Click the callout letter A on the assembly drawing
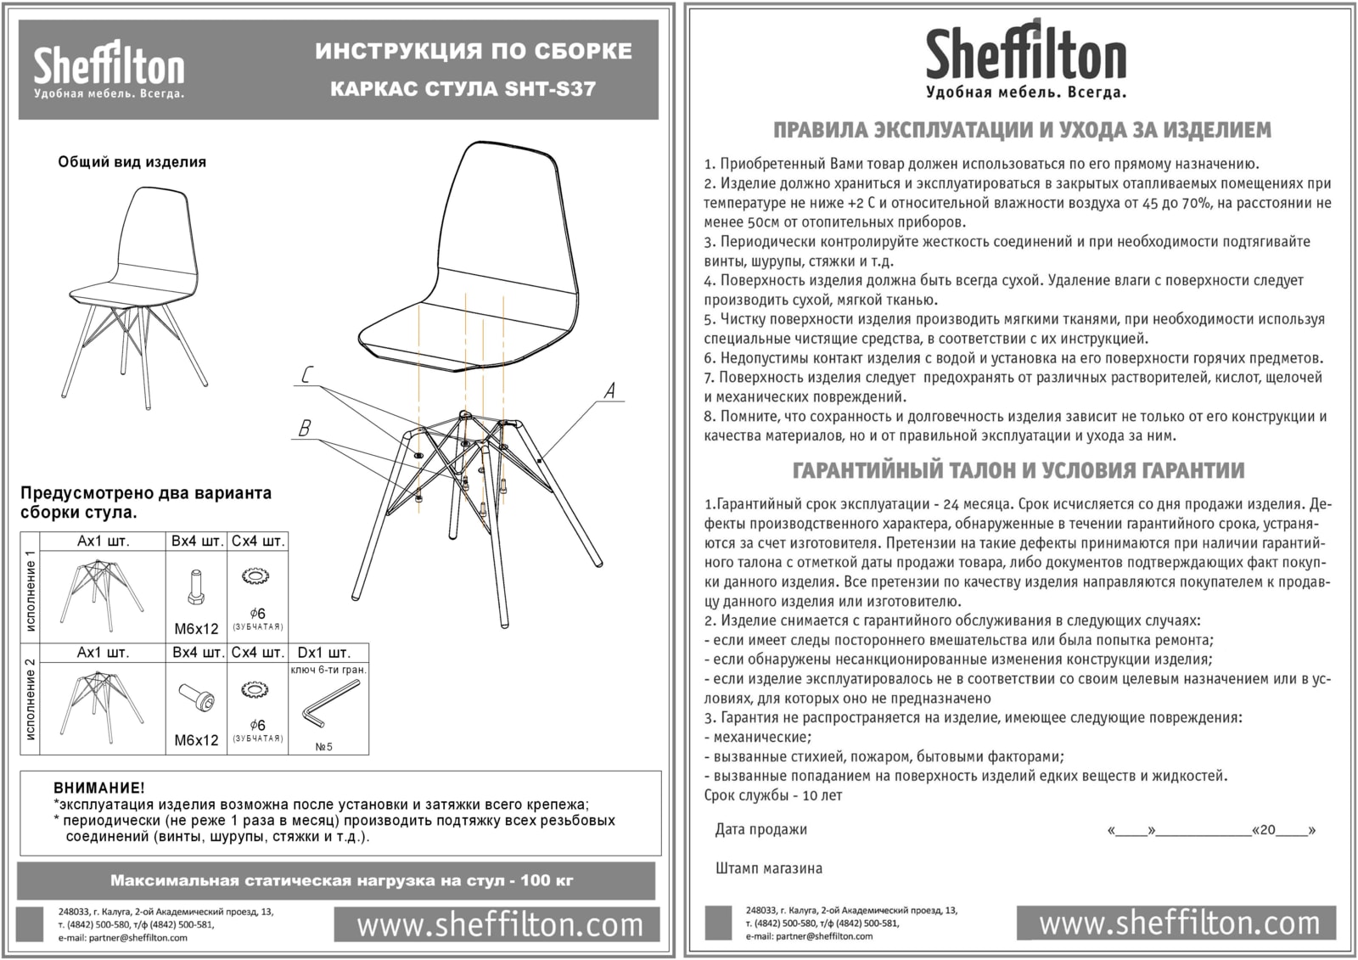[609, 390]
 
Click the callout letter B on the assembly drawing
[305, 429]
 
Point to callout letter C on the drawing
[307, 375]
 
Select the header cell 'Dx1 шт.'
[323, 653]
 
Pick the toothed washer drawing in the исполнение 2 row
[254, 689]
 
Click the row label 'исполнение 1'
[31, 591]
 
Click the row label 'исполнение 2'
[31, 699]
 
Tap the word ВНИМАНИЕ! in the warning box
[99, 789]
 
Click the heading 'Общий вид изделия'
[132, 162]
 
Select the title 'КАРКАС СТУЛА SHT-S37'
[463, 89]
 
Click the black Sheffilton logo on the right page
[1025, 59]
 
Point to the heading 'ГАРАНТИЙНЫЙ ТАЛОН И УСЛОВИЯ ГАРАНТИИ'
[1018, 470]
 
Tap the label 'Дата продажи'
[760, 829]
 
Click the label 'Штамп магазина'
[769, 868]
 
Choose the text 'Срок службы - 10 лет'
[772, 795]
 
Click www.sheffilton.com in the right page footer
[1179, 924]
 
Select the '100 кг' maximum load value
[547, 880]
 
